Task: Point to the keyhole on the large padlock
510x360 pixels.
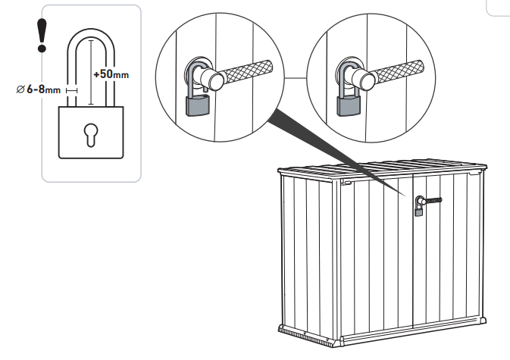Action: [91, 133]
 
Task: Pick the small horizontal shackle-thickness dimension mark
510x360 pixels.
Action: [72, 90]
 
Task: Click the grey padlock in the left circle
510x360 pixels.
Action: [196, 106]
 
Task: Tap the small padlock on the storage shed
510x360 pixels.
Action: [418, 211]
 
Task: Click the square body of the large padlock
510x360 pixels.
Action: [91, 133]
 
